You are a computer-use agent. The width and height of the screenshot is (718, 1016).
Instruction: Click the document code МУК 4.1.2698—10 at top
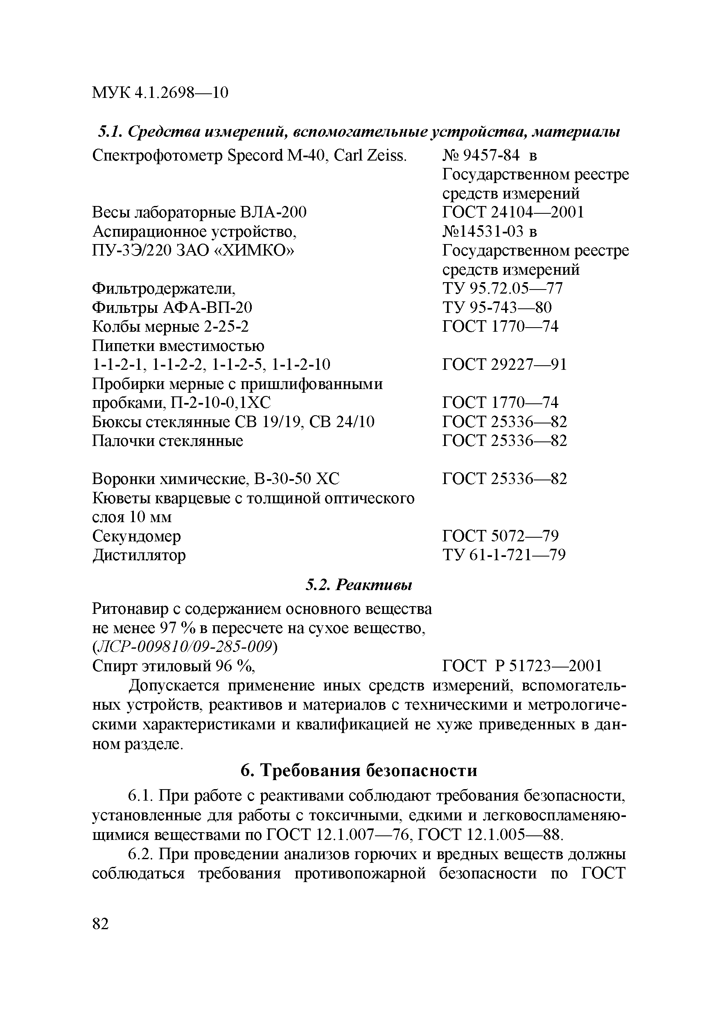(x=160, y=93)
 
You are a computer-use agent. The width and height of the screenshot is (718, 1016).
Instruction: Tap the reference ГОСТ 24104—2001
(x=513, y=213)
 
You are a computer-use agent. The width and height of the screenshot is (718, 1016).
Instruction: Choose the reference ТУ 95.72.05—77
(x=502, y=289)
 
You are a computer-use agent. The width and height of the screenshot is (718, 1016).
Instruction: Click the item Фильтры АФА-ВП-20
(x=172, y=308)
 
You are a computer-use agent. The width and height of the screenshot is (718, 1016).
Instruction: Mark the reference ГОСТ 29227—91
(x=504, y=365)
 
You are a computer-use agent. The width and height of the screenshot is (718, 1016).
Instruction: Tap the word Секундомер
(x=137, y=536)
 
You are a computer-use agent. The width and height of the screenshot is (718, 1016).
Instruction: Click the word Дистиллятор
(x=139, y=555)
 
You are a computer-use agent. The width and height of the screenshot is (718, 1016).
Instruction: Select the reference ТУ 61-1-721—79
(x=504, y=555)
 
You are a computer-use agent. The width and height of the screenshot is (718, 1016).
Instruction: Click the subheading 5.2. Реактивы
(x=359, y=586)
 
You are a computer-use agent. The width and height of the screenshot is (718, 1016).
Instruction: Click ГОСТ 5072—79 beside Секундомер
(x=500, y=536)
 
